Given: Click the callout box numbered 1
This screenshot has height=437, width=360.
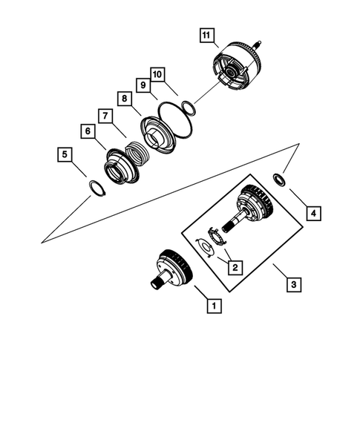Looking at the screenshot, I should coord(213,305).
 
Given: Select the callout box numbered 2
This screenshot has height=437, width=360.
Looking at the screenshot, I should coord(234,266).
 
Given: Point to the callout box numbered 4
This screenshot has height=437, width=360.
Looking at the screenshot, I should coord(314,214).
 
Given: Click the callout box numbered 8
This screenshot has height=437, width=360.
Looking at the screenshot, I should coord(125,99).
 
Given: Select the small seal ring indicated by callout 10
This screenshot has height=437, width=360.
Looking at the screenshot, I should coord(189,108).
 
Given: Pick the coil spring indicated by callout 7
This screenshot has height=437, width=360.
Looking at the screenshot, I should coord(136,152).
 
